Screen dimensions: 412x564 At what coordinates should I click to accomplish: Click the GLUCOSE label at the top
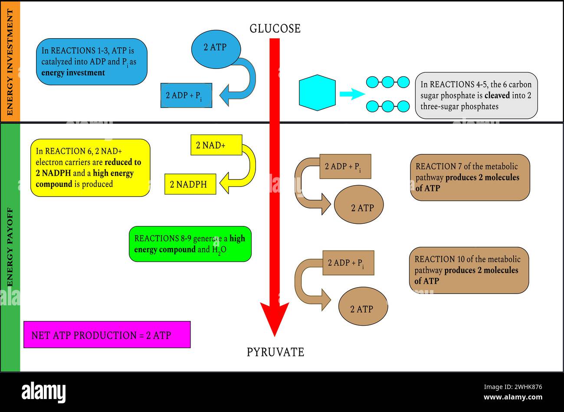pos(275,29)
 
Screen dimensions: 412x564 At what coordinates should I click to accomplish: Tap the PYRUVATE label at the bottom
pos(275,352)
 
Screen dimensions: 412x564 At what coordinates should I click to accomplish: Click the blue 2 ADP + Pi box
pos(186,95)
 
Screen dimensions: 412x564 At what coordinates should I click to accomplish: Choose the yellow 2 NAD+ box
pos(216,145)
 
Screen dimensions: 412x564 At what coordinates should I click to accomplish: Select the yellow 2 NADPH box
pos(190,184)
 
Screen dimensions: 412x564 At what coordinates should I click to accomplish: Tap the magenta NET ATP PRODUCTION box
pos(107,335)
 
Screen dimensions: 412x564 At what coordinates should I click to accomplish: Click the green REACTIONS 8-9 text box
pos(190,244)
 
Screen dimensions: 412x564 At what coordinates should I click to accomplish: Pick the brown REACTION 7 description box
pos(469,177)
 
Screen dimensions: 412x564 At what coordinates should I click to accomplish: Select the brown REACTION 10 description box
pos(469,270)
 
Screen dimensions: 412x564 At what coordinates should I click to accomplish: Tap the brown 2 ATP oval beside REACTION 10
pos(363,307)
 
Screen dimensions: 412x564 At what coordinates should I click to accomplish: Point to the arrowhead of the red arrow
pos(275,319)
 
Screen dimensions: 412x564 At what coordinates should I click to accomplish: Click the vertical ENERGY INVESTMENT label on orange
pos(10,62)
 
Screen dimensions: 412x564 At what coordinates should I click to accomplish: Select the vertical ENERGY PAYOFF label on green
pos(10,247)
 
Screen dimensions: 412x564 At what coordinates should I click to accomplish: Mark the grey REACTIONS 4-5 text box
pos(476,95)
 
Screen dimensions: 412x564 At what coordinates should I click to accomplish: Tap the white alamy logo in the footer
pos(44,392)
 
